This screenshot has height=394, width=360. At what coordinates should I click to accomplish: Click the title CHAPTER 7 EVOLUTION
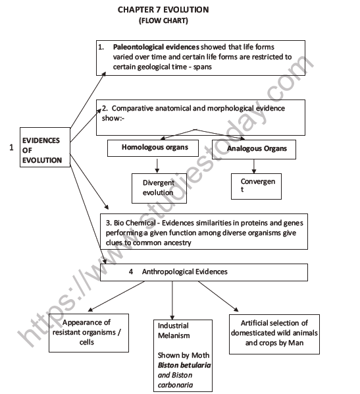coord(163,9)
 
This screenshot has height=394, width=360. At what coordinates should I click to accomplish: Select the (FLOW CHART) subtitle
coord(163,20)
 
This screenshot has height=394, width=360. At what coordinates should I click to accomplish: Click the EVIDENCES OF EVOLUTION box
coord(43,150)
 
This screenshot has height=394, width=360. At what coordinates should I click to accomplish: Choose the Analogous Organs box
coord(257,149)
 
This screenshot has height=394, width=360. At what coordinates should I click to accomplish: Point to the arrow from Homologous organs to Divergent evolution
coord(157,165)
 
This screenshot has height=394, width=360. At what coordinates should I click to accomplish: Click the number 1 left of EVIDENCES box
coord(11,149)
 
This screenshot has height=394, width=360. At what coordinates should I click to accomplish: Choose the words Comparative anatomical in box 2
coord(149,105)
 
